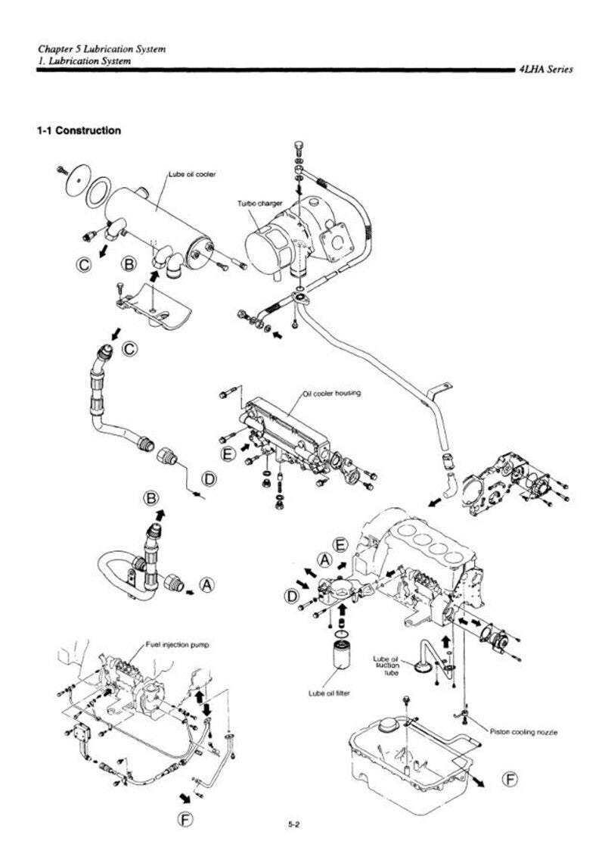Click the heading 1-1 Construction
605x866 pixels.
point(79,131)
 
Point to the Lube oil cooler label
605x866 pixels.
point(191,174)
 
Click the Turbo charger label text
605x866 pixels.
point(259,203)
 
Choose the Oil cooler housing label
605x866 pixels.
point(332,393)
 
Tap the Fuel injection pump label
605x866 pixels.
point(177,644)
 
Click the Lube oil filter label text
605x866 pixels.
point(329,693)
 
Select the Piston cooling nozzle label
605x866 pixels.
point(523,732)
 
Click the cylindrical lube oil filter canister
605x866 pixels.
point(342,661)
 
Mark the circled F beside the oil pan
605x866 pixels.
point(511,779)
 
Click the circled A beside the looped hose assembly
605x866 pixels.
point(207,585)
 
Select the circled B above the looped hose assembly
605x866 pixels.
point(150,499)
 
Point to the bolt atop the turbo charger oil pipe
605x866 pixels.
point(298,148)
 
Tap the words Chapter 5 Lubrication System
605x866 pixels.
point(101,49)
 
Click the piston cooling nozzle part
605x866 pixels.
point(465,718)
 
